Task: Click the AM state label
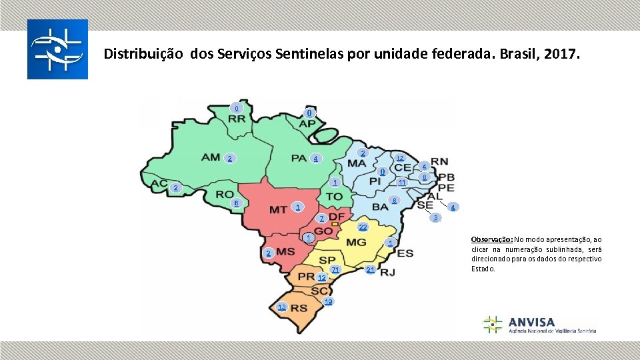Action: click(211, 157)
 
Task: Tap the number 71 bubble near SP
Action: click(335, 269)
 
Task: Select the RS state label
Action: click(299, 307)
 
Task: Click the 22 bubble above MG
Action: click(363, 227)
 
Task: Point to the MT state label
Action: click(278, 210)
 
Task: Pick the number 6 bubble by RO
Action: click(235, 203)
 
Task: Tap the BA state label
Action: click(380, 207)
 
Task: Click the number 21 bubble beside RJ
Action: click(371, 269)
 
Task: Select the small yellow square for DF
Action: click(335, 223)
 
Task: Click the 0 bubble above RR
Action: click(235, 108)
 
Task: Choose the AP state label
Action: click(307, 124)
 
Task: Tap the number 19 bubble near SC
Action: click(328, 302)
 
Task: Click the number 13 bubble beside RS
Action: click(282, 307)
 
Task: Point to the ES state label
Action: click(405, 253)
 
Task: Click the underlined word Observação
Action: click(491, 239)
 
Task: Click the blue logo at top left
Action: click(57, 49)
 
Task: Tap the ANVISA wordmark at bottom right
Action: click(531, 321)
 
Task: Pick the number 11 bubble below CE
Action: click(402, 183)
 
